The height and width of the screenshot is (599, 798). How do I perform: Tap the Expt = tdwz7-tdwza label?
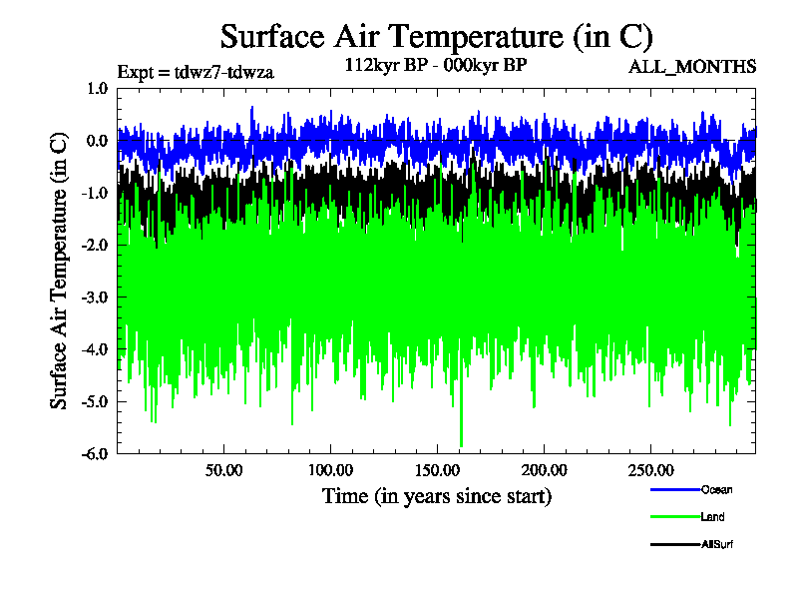(196, 71)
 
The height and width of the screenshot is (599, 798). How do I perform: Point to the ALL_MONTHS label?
(691, 67)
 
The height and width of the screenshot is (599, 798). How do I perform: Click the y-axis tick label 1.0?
(98, 88)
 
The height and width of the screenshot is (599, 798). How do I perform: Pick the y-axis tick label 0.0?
(98, 141)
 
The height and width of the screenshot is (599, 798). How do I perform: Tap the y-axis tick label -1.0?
(96, 193)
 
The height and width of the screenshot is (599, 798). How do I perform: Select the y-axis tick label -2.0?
(96, 245)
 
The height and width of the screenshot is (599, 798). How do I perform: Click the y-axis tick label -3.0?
(96, 297)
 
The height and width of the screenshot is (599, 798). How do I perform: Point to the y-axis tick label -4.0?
(96, 349)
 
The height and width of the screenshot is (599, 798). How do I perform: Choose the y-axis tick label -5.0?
(96, 401)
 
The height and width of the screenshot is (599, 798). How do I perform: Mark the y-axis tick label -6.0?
(96, 453)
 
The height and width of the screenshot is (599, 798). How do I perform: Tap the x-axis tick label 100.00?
(330, 469)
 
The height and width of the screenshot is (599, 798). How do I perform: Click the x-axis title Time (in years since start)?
(436, 496)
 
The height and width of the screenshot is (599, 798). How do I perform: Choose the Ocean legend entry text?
(716, 489)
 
